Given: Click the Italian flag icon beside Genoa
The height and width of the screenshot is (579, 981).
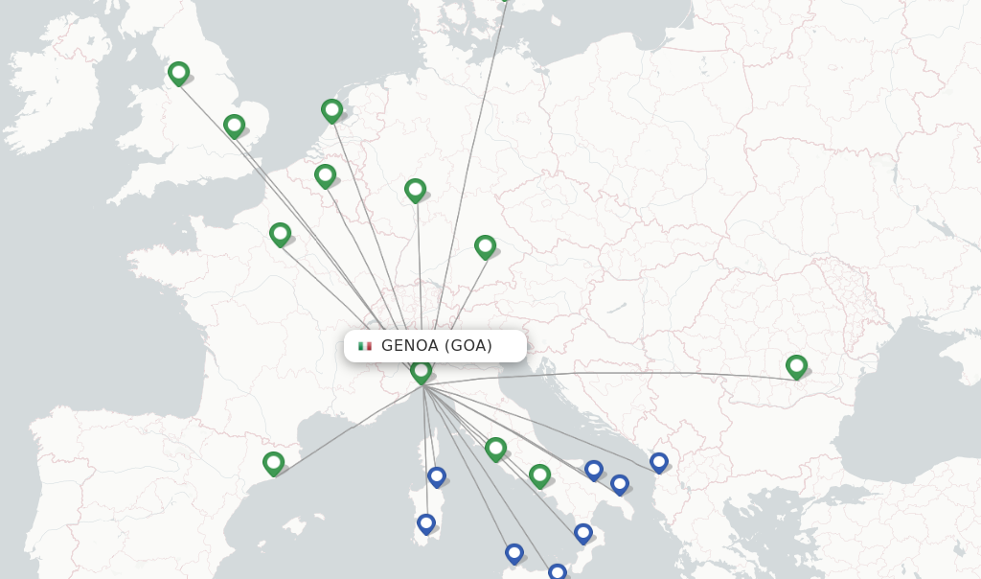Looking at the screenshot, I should [365, 346].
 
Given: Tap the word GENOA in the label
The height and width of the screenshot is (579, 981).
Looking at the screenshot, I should [410, 346].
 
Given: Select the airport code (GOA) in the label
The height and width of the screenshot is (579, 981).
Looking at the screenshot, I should [468, 346].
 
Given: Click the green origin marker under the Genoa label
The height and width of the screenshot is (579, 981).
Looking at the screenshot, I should [421, 371].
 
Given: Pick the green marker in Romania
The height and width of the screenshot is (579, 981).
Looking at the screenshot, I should [796, 365].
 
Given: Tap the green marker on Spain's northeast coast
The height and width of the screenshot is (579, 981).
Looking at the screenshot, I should [274, 463].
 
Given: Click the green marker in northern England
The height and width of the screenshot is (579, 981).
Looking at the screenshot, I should [178, 72].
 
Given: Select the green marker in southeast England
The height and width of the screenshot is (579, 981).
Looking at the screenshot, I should [234, 125].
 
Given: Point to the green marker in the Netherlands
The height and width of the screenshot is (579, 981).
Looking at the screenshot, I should [331, 110].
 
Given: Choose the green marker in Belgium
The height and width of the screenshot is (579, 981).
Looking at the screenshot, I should [325, 175].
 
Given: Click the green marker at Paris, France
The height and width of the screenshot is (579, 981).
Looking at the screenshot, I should [280, 233].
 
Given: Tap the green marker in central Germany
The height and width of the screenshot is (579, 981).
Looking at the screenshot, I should [415, 190].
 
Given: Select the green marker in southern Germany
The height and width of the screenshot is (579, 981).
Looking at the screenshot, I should [485, 246].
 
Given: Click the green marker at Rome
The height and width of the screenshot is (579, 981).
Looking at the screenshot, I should [495, 448].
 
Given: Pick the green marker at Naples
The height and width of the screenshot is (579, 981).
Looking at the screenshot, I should [539, 475].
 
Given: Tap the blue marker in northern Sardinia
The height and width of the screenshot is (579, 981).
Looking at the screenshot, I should [436, 475].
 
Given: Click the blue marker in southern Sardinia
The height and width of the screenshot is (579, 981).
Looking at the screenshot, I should [425, 522].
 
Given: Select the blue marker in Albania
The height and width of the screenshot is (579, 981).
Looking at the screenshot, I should [658, 461].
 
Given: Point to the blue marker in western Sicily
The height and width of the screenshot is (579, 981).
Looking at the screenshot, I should [513, 552].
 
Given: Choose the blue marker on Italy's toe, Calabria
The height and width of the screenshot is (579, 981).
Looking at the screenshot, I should [582, 532].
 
